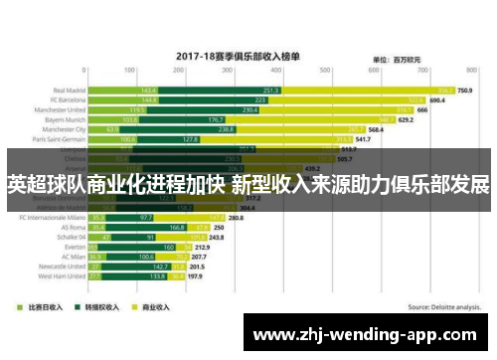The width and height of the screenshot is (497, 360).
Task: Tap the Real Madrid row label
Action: click(66, 90)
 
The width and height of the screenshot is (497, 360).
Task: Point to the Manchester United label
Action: click(59, 109)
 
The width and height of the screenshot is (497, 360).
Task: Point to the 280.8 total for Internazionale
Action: click(236, 217)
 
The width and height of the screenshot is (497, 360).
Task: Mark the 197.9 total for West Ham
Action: click(196, 275)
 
